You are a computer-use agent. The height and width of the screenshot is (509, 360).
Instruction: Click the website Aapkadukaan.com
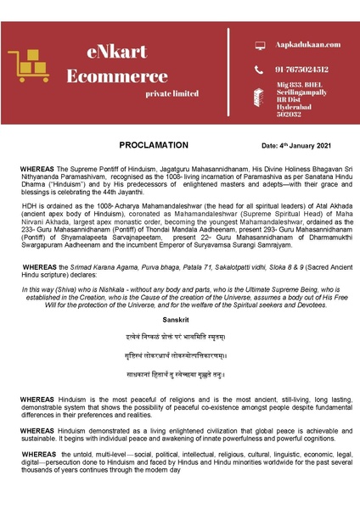point(308,44)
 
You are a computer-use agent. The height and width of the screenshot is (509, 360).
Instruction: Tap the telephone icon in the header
point(260,70)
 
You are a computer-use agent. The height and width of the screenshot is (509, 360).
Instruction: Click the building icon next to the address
point(260,98)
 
